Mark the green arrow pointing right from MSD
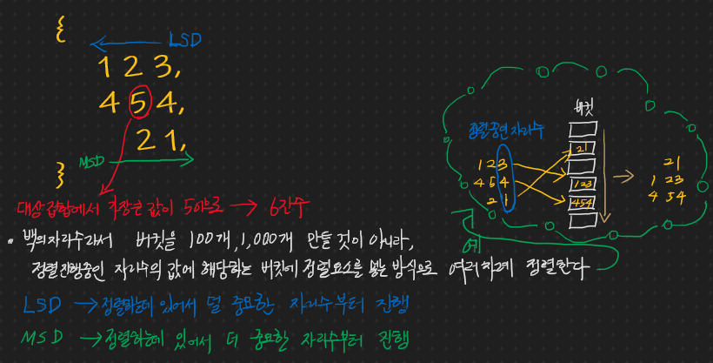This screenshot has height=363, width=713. (157, 159)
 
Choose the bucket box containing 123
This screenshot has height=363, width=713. (581, 184)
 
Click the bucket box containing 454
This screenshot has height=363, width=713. (581, 202)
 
